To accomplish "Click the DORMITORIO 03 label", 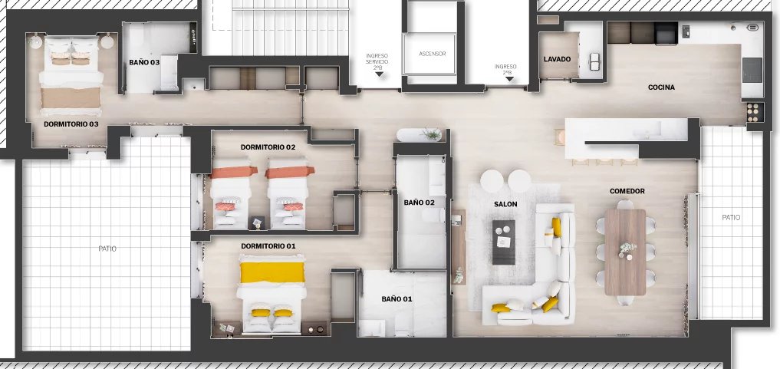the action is (71, 124).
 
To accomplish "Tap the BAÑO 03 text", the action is (144, 63).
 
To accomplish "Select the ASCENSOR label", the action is (433, 54).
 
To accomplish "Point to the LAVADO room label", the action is (557, 59).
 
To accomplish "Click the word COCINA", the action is (661, 87).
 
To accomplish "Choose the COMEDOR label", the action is (627, 191).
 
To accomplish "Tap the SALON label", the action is (505, 204).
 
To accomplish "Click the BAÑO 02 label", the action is (419, 203).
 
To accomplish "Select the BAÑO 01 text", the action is (397, 299).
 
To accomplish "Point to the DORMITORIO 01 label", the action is (268, 246).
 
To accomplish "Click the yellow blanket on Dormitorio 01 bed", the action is (272, 272).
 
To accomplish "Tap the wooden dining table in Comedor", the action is (625, 252).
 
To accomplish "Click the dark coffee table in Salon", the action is (504, 242).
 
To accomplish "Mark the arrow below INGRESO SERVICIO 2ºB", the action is (379, 74).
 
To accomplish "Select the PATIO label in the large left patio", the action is (107, 249).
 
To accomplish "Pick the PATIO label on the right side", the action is (731, 217).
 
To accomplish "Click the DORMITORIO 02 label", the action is (268, 147).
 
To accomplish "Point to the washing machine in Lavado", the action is (594, 61).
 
